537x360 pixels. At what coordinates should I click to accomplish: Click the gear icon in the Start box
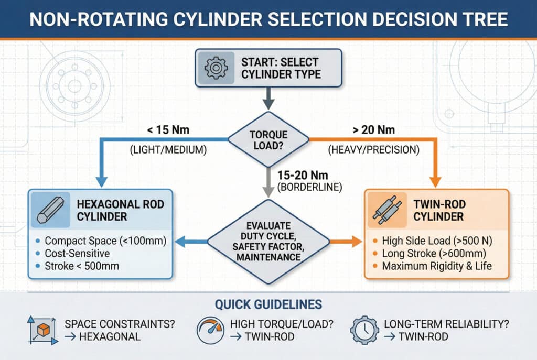pos(214,68)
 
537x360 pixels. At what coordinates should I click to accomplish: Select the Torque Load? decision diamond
pos(268,139)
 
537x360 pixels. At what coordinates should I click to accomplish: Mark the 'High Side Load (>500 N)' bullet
pos(436,242)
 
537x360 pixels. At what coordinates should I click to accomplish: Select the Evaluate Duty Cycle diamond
pos(268,242)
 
